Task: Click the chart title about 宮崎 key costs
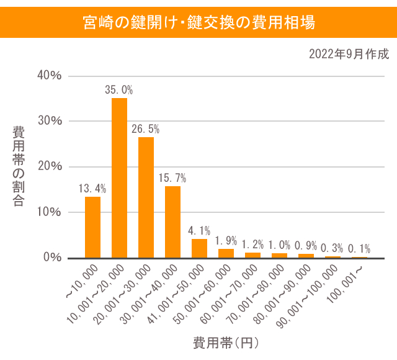tap(198, 22)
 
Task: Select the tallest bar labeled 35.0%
tap(119, 178)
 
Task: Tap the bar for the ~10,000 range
tap(92, 227)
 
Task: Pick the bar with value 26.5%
tap(146, 197)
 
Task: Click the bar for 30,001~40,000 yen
tap(172, 222)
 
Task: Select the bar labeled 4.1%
tap(199, 248)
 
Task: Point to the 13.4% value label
tap(92, 188)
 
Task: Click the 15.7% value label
tap(172, 178)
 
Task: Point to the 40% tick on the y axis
tap(50, 76)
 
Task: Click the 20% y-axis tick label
tap(50, 166)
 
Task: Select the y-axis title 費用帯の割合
tap(19, 166)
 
